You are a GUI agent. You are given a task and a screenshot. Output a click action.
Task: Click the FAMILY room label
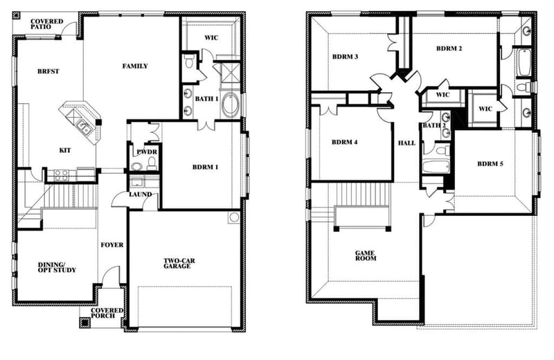[135, 66]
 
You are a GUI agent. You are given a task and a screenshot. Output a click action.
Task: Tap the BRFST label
[48, 71]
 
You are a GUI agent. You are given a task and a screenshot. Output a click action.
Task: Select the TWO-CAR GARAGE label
[179, 264]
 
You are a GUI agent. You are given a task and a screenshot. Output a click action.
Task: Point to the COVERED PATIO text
[46, 24]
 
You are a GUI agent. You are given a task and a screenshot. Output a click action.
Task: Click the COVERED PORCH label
[107, 313]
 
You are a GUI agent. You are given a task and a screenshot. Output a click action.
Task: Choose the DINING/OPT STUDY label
[57, 267]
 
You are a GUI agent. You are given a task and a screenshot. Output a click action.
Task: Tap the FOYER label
[112, 245]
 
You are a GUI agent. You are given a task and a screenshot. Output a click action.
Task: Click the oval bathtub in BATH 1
[230, 105]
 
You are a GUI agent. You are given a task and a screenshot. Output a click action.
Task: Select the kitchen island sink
[84, 127]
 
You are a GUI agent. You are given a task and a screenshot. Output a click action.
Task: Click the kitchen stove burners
[61, 175]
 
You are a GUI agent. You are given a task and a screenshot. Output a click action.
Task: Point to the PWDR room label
[147, 152]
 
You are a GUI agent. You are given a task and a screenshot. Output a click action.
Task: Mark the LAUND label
[141, 195]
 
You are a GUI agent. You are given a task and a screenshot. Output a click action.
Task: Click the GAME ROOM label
[366, 255]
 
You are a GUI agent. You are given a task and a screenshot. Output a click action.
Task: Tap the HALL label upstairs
[406, 143]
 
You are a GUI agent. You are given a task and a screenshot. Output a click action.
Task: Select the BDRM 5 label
[490, 164]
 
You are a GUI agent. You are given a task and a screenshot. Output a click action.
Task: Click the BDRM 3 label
[345, 57]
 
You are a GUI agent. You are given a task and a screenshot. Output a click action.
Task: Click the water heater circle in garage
[233, 217]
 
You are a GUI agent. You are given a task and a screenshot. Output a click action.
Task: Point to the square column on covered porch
[84, 323]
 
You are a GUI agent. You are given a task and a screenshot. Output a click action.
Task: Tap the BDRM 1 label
[205, 167]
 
